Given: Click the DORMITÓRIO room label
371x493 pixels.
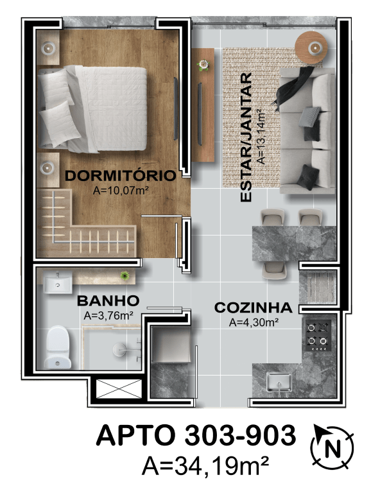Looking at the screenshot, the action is tap(120, 175).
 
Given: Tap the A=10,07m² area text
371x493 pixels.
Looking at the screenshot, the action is tap(121, 190).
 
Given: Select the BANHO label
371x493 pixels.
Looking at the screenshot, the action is tap(108, 300).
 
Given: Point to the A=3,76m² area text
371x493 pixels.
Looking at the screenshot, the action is tap(108, 315).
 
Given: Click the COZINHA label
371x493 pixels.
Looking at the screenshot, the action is tap(253, 307).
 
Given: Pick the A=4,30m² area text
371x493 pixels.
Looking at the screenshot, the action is tap(254, 322).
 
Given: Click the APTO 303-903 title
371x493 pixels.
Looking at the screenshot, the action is tap(196, 435).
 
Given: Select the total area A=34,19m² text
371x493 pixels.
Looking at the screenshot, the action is tap(205, 465).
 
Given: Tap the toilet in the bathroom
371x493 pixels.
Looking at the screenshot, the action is tap(57, 347).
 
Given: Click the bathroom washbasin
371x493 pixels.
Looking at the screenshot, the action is tap(57, 282).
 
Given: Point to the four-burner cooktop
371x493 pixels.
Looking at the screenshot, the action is tap(318, 336).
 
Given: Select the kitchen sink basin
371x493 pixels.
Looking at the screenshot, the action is tap(279, 382).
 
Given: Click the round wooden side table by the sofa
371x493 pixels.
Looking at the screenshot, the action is tap(311, 48).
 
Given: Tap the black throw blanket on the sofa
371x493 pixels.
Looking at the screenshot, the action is tap(293, 87).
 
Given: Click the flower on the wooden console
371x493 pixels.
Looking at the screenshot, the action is tap(203, 65).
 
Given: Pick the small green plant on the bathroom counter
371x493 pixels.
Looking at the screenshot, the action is tap(125, 276).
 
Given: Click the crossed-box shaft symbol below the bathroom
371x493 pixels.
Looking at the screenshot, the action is tap(118, 388).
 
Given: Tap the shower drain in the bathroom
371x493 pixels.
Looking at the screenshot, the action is tap(119, 349).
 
